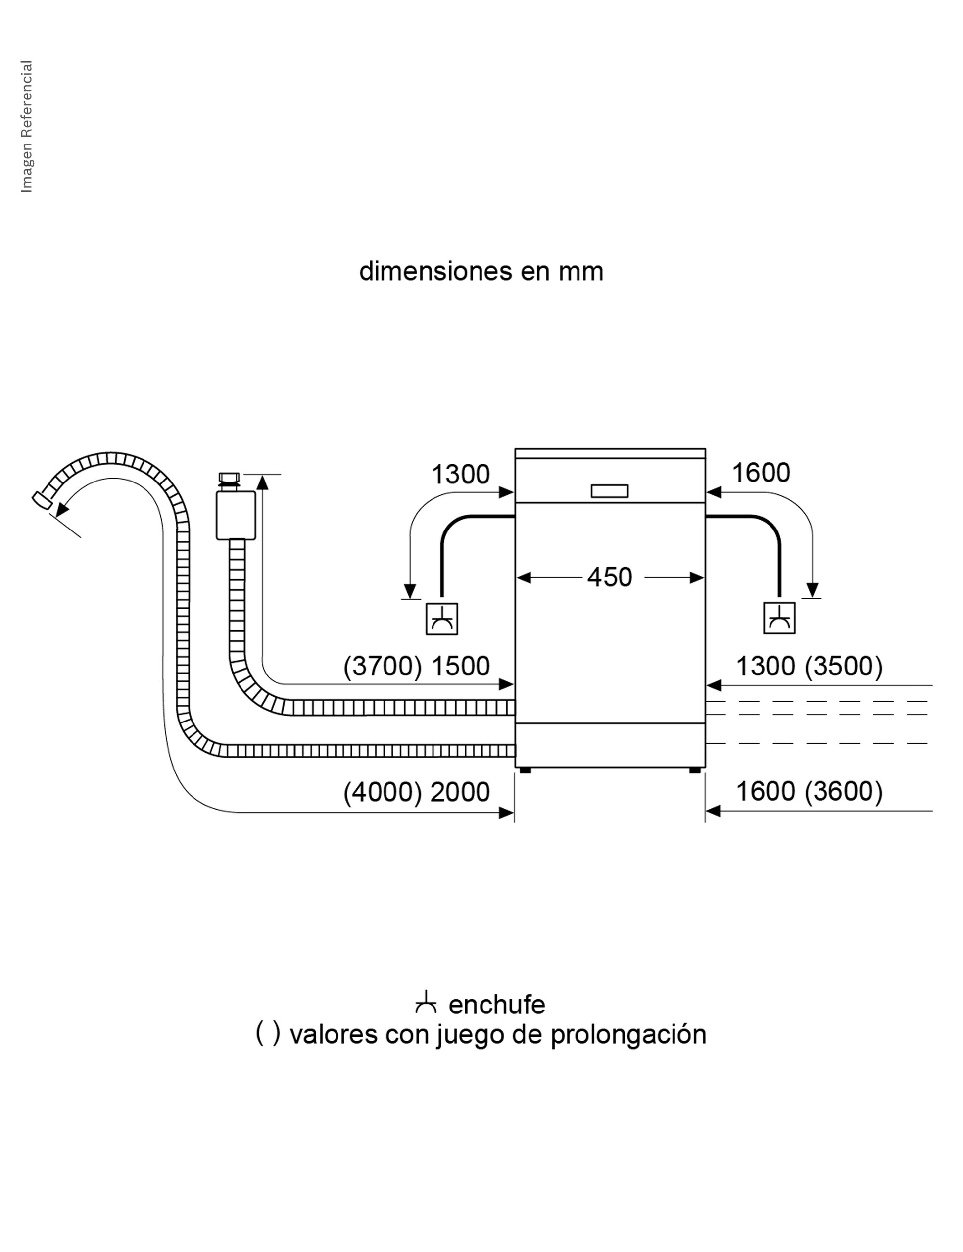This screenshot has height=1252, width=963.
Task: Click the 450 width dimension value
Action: coord(609,578)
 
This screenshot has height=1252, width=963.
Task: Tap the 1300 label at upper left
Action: coord(460,475)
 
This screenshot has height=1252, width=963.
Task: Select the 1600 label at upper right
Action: coord(761,473)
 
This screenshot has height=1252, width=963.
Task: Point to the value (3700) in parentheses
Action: coord(383,666)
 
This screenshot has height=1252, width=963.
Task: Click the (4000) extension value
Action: coord(383,792)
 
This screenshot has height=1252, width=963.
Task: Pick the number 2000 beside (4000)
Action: coord(460,792)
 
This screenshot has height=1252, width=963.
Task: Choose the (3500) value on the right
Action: coord(844,666)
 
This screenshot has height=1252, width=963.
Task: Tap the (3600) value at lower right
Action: coord(844,792)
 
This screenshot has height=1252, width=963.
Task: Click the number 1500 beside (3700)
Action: coord(460,666)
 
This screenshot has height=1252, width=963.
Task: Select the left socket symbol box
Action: coord(441,619)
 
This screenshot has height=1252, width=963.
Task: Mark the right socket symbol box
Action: coord(779,618)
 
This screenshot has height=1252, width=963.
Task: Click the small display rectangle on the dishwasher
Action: coord(609,491)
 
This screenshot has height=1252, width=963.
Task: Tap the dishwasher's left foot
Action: coord(525,770)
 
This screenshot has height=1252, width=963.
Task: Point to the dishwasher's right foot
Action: coord(695,770)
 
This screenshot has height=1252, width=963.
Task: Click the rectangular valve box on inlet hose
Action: coord(236,515)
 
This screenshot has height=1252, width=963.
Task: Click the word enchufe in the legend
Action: coord(496,1005)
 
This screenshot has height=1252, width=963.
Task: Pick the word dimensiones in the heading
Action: coord(435,271)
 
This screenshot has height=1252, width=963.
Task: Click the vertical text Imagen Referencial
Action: coord(27,126)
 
